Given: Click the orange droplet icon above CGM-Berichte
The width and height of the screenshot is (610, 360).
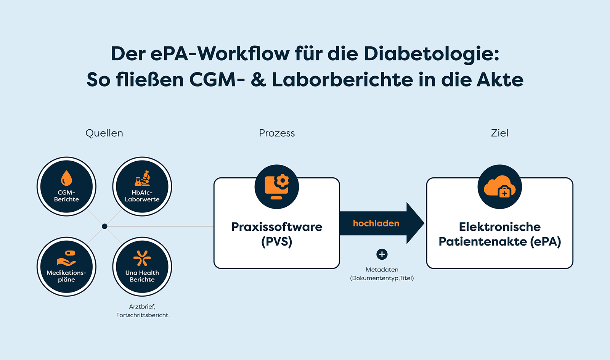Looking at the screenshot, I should (x=66, y=178).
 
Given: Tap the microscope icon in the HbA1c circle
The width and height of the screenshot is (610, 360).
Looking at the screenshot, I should (x=143, y=178).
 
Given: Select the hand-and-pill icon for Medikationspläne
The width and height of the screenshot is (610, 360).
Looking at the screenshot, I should (x=66, y=258).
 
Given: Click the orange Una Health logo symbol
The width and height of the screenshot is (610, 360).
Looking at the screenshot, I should (x=142, y=258).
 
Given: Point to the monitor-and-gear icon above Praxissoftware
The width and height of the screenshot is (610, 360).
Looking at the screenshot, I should (x=277, y=186).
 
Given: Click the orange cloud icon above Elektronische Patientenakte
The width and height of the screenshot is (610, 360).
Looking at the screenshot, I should (x=499, y=186).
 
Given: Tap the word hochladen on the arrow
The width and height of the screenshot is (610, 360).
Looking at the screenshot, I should (x=376, y=223).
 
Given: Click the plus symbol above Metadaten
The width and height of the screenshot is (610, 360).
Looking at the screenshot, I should (x=382, y=254).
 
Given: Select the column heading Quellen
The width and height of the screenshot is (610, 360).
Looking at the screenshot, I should (x=104, y=133).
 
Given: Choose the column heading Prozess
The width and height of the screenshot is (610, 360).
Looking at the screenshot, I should (x=277, y=133).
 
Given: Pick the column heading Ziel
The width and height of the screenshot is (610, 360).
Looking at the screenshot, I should (x=499, y=133).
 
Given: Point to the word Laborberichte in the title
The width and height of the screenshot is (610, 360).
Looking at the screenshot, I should (x=342, y=80).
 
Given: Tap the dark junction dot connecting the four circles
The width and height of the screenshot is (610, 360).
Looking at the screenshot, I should (x=104, y=227).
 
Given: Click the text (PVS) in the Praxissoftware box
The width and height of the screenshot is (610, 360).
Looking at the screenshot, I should (x=277, y=242).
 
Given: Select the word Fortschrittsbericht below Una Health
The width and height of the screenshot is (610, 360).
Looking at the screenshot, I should (x=142, y=315).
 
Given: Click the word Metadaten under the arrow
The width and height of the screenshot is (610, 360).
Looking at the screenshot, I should (x=382, y=270).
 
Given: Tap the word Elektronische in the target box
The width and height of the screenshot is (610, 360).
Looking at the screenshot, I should (x=499, y=227).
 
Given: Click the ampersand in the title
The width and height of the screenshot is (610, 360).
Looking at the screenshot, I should (x=258, y=80).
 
